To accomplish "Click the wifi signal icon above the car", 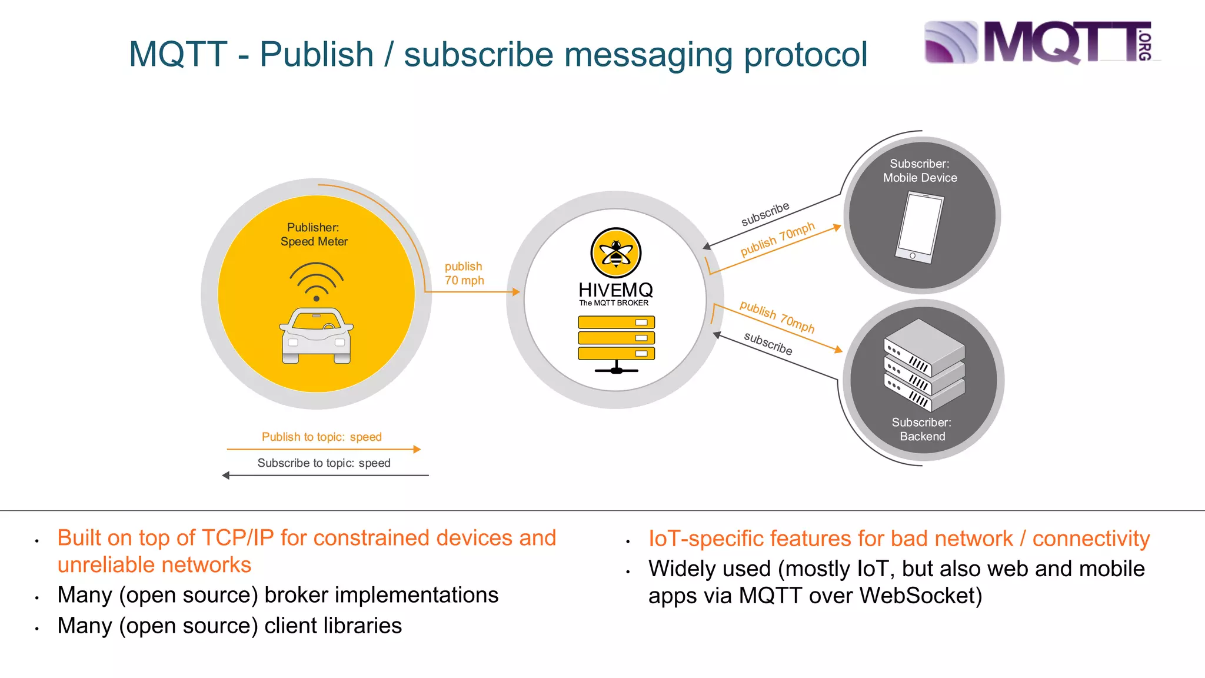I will pyautogui.click(x=317, y=281).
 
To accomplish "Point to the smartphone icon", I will pyautogui.click(x=919, y=228).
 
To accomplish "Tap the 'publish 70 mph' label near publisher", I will pyautogui.click(x=464, y=274).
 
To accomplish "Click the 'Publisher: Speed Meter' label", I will pyautogui.click(x=314, y=234).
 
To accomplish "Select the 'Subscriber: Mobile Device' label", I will pyautogui.click(x=920, y=171).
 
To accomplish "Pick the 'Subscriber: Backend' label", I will pyautogui.click(x=922, y=429).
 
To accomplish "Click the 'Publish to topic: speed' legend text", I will pyautogui.click(x=322, y=437).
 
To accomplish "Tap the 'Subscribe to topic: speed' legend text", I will pyautogui.click(x=324, y=463).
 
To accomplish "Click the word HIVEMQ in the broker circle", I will pyautogui.click(x=615, y=290).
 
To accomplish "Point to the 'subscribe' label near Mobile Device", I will pyautogui.click(x=765, y=214).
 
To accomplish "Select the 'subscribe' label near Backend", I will pyautogui.click(x=768, y=343).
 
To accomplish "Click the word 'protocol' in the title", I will pyautogui.click(x=805, y=55).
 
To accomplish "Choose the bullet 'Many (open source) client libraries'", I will pyautogui.click(x=229, y=626).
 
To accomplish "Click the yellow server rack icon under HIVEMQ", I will pyautogui.click(x=616, y=344).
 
